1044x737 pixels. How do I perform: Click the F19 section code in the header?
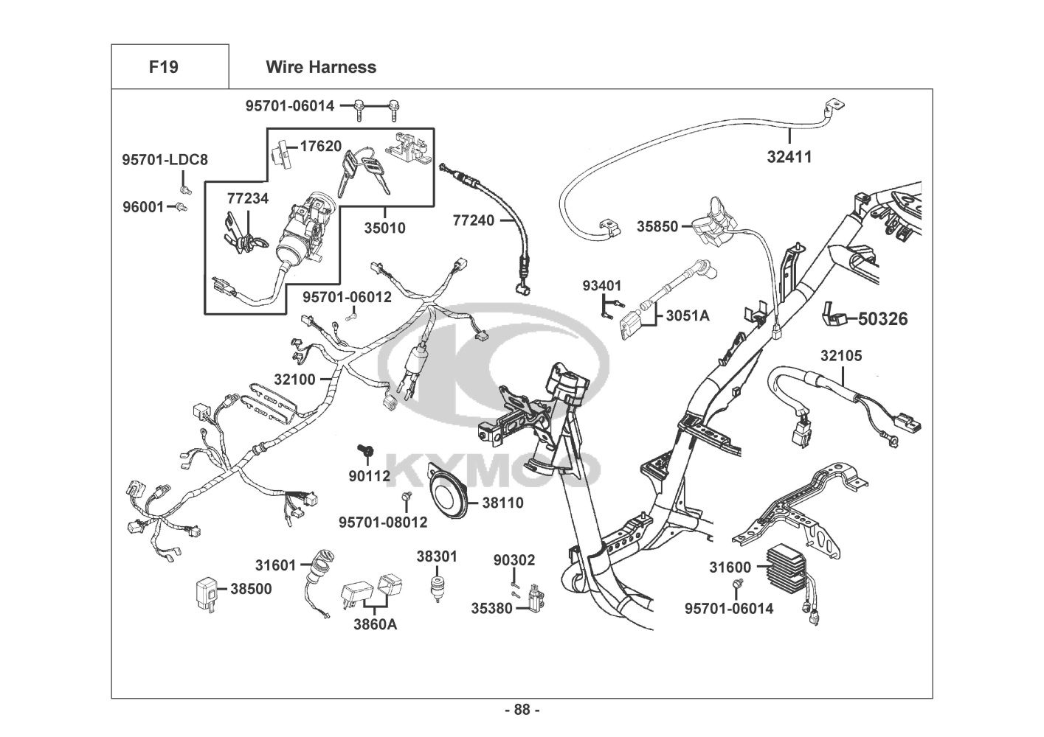tap(163, 67)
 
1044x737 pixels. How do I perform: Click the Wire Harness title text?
tap(320, 67)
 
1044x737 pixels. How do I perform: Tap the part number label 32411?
tap(789, 157)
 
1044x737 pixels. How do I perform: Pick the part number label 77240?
tap(474, 220)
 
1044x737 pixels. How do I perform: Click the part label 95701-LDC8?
tap(165, 159)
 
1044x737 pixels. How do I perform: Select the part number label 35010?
tap(384, 228)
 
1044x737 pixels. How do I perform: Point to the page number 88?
tap(522, 710)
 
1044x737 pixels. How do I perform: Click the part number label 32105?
tap(841, 356)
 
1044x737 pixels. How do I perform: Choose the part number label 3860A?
tap(374, 625)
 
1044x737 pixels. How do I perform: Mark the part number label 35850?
tap(657, 227)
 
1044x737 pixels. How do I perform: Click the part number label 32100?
tap(295, 380)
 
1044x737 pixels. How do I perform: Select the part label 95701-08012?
tap(383, 523)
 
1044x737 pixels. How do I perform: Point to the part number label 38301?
tap(437, 556)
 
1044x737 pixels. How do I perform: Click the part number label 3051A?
tap(687, 316)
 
